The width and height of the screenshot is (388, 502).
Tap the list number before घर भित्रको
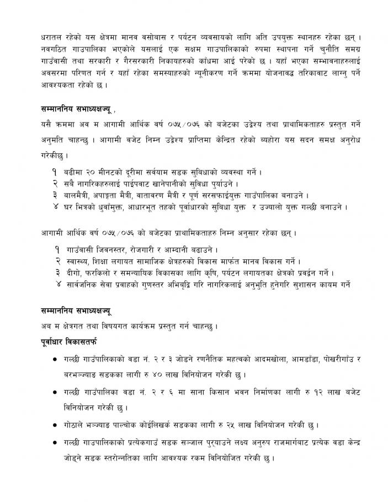(x=56, y=207)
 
